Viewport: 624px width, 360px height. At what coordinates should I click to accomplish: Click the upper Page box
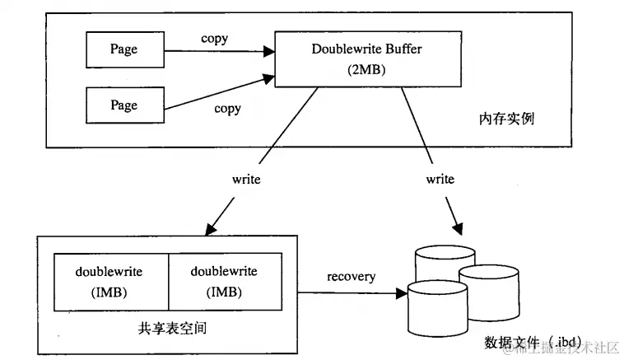[123, 49]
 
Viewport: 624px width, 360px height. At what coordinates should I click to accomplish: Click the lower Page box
[123, 106]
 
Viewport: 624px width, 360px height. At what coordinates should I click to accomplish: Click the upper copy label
[215, 39]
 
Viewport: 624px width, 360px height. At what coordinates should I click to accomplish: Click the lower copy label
[227, 108]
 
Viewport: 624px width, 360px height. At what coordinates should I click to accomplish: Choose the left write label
[246, 178]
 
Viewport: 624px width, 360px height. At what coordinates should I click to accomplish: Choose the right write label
[440, 178]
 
